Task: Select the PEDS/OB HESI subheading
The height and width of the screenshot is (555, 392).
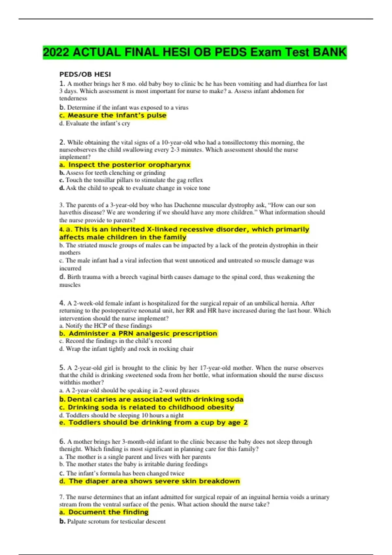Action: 85,74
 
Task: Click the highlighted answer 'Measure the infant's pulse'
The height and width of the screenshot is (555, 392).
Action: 113,116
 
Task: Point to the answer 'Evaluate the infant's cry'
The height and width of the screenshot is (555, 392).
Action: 95,123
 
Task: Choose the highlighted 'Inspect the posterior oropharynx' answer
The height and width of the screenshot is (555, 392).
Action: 125,165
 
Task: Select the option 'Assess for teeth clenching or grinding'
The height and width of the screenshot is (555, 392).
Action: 112,173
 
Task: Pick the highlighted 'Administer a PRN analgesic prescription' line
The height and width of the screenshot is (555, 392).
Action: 139,334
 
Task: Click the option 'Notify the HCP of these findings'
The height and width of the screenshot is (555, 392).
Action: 106,325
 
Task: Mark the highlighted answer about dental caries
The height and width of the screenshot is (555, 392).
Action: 152,399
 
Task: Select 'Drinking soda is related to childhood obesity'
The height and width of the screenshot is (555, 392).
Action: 147,407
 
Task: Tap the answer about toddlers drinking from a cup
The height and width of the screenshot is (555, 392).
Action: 154,423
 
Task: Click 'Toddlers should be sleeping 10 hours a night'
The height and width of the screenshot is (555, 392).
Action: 122,415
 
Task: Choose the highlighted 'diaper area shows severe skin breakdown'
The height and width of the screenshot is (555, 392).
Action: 150,481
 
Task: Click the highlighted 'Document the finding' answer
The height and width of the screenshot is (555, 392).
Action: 104,512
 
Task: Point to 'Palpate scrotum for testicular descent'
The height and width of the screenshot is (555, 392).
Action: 112,521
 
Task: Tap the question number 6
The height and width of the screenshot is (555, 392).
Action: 62,441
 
